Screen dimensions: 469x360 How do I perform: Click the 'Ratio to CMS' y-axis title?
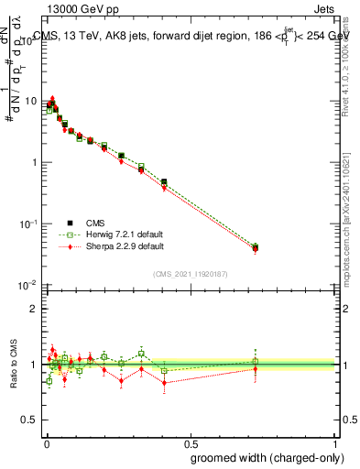click(16, 365)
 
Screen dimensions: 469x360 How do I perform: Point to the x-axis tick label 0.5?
click(191, 442)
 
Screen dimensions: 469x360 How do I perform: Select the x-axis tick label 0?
click(46, 442)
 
